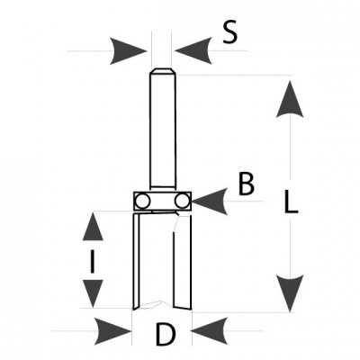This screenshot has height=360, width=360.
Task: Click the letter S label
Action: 230,32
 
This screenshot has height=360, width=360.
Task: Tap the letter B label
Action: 247,184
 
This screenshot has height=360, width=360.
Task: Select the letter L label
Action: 291,202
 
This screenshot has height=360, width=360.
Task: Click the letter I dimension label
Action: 93,262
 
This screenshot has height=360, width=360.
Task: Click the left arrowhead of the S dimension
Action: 128,50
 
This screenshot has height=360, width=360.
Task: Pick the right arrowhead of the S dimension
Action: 193,50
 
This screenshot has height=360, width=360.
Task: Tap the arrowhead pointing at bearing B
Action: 210,202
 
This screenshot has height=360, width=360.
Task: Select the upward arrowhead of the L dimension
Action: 290,99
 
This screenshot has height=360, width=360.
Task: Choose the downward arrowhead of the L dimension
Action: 290,293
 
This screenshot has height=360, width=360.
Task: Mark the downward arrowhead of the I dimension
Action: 93,293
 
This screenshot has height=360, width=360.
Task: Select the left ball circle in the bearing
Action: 142,201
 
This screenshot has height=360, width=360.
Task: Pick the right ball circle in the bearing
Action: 182,201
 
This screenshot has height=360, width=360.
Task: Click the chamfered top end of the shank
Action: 162,71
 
